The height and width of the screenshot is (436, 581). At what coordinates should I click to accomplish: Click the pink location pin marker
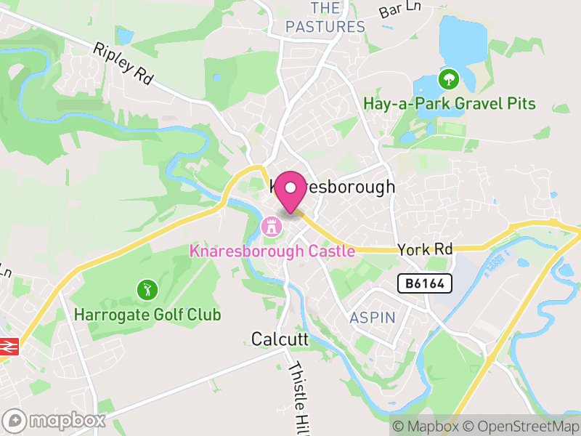pyautogui.click(x=291, y=190)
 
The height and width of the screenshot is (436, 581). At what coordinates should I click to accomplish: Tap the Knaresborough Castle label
pyautogui.click(x=272, y=251)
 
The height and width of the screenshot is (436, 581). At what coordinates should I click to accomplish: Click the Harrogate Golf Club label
pyautogui.click(x=147, y=315)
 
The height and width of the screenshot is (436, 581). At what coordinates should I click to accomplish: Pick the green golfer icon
pyautogui.click(x=147, y=291)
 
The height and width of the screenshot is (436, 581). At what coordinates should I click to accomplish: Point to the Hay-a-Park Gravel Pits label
pyautogui.click(x=450, y=103)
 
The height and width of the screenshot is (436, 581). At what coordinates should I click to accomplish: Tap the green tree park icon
pyautogui.click(x=449, y=78)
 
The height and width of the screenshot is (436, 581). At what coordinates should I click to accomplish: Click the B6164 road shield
pyautogui.click(x=425, y=283)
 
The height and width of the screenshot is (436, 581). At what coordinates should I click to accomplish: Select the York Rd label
pyautogui.click(x=425, y=249)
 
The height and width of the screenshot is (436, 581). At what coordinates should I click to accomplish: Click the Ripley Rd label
pyautogui.click(x=123, y=63)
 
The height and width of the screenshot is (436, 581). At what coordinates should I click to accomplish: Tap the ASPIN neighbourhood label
pyautogui.click(x=373, y=318)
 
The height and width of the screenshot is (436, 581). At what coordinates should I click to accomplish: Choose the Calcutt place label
pyautogui.click(x=280, y=339)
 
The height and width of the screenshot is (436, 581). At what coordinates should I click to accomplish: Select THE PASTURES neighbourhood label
pyautogui.click(x=325, y=18)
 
